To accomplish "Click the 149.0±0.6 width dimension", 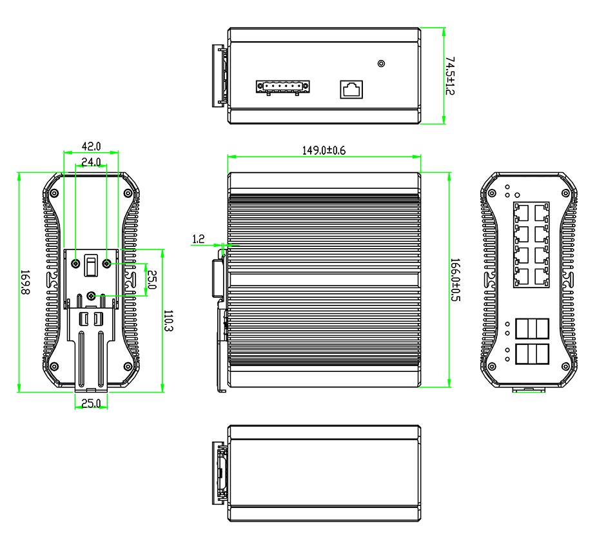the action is coord(324,150).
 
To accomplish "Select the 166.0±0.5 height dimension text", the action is coord(455,280).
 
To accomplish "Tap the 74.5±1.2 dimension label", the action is coord(450,75).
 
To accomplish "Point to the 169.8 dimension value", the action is coord(24,282).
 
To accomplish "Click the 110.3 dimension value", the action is coord(168,320).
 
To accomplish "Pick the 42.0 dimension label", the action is coord(91,146).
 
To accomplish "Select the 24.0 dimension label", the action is coord(91,162).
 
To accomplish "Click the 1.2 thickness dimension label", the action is coord(199,239).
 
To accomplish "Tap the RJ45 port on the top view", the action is coord(351,89).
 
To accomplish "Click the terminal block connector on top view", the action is coord(283,87).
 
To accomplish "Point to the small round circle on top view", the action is coord(381,63).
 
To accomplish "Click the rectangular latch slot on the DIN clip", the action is coord(91,266).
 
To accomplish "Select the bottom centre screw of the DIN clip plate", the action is coord(91,296).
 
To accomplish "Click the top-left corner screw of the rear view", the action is coord(55,193).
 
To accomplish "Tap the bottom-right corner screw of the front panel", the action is coord(565,366).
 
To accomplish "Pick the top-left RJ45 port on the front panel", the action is coord(522,213).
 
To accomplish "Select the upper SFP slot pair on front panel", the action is coord(532,329).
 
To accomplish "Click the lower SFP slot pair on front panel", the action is coord(532,354).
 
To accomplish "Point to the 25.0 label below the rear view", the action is coord(91,404).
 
